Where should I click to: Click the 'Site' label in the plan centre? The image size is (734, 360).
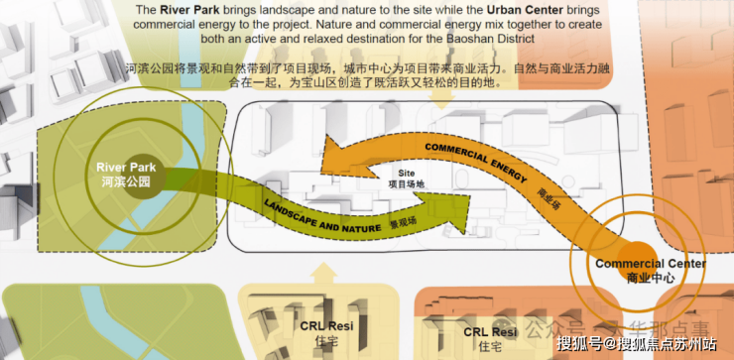405,172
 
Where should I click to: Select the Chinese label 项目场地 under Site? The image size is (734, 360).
405,183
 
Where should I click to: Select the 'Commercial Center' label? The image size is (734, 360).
650,264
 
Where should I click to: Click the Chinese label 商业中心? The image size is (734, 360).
650,279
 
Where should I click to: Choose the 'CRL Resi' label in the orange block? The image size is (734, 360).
490,331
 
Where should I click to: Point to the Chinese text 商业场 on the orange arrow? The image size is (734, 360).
550,195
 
